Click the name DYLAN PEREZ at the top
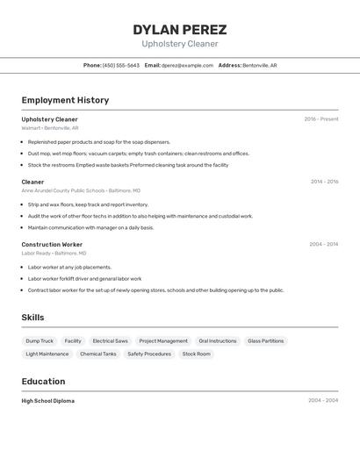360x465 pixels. pos(180,29)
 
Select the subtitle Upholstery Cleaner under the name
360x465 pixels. pos(180,44)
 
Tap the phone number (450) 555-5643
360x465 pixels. pos(121,65)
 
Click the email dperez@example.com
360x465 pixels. pos(187,65)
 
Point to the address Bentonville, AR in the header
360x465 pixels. pos(259,65)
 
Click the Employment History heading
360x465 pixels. pos(65,100)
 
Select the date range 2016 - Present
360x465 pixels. pos(320,119)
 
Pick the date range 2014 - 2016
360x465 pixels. pos(324,182)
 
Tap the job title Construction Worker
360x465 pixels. pos(52,245)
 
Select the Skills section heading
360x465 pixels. pos(32,318)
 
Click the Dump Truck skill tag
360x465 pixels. pos(40,340)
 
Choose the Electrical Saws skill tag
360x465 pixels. pos(110,340)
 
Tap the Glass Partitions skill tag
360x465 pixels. pos(265,340)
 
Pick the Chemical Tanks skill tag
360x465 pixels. pos(97,354)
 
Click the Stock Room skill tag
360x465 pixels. pos(197,354)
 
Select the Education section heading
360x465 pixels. pos(43,382)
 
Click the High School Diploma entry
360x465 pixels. pos(47,401)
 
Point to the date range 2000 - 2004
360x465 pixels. pos(322,401)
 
